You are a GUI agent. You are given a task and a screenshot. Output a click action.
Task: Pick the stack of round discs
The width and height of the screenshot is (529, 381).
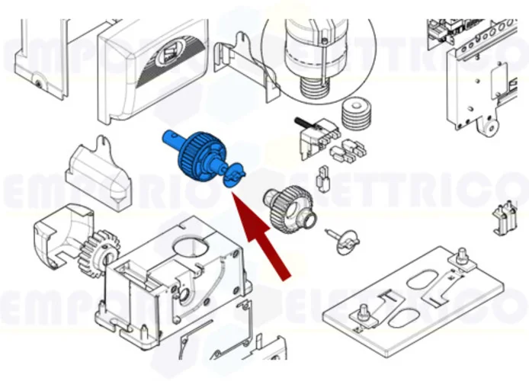point(354,115)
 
